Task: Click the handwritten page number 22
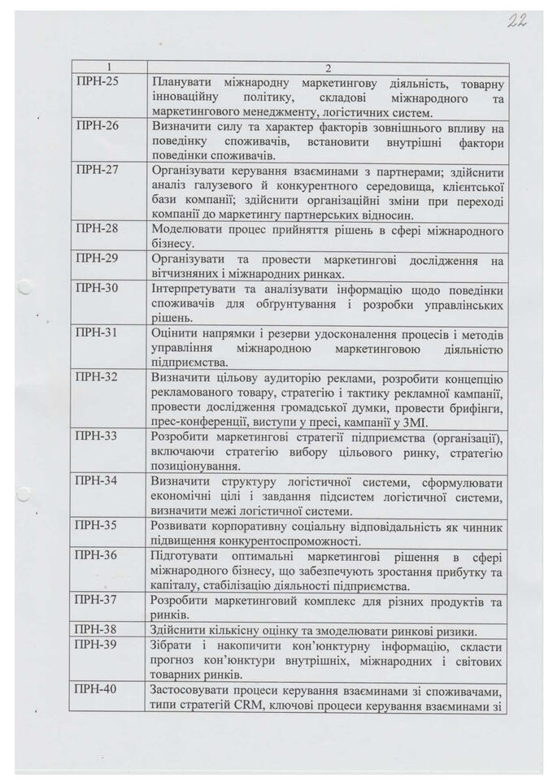tap(517, 22)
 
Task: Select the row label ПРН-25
tap(97, 83)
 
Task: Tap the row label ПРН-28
tap(97, 228)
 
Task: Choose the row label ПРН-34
tap(97, 480)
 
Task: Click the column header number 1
tap(109, 68)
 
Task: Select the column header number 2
tap(328, 68)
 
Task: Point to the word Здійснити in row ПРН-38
tap(179, 630)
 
